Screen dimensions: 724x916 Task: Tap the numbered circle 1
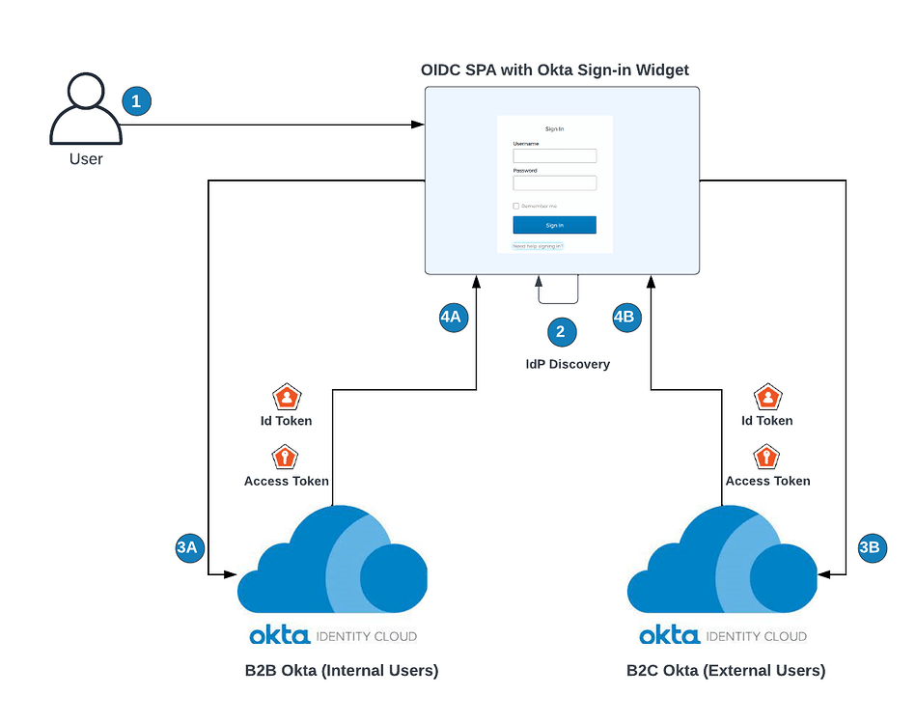point(136,100)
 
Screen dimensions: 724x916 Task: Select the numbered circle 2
point(562,332)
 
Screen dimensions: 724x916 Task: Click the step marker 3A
point(187,547)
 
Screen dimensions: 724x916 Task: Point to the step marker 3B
point(871,547)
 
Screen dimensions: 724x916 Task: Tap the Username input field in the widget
point(554,155)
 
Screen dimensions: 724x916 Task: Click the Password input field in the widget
point(554,182)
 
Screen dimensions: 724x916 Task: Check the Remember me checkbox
point(516,206)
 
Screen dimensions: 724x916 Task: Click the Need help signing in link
point(537,246)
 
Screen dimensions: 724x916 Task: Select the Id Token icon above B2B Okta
point(285,397)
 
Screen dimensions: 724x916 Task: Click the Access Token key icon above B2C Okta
point(766,457)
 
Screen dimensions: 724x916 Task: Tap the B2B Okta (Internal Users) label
point(342,670)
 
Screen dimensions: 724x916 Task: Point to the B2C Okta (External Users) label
point(725,670)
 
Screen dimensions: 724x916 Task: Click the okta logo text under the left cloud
point(279,635)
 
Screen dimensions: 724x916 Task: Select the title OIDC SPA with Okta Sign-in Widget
point(554,70)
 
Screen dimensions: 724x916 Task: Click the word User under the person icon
point(85,158)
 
